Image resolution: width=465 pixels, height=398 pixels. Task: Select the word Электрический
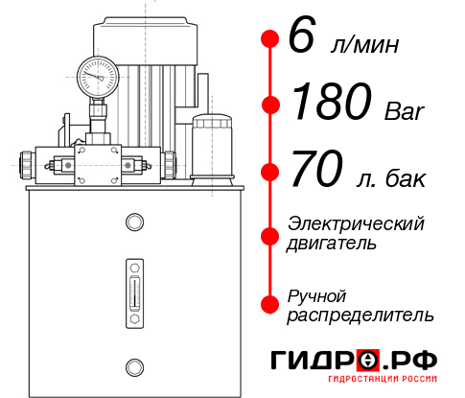coord(356,223)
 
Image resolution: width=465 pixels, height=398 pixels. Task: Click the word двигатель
coord(332,244)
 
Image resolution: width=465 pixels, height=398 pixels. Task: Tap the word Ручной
coord(316,294)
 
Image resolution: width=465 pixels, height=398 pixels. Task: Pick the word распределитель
coord(360,315)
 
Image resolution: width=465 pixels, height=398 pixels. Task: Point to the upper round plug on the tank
coord(133,223)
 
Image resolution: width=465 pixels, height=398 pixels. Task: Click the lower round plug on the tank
coord(133,365)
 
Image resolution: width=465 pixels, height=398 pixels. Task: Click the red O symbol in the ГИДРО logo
coord(369,361)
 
